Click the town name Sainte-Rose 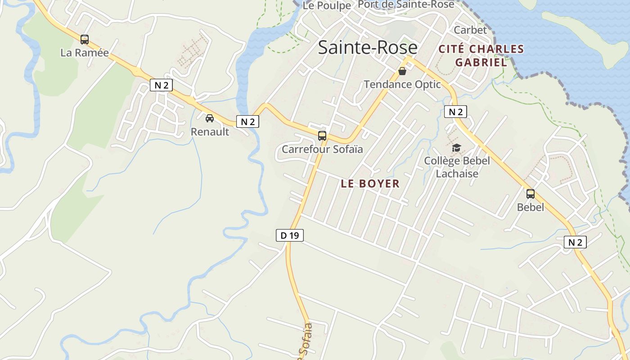(368, 47)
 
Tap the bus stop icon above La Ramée (85, 40)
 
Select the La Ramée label (85, 53)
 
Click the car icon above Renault (210, 118)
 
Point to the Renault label (210, 132)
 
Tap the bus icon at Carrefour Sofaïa (322, 135)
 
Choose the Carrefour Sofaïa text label (322, 149)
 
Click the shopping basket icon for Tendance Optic (402, 71)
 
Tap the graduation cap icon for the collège (457, 148)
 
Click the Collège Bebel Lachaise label (457, 166)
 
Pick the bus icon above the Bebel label (531, 194)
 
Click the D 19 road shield (290, 235)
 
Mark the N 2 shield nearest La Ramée (161, 85)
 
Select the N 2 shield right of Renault (247, 121)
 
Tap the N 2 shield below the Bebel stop (575, 243)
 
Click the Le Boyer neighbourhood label (370, 184)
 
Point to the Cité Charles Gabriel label (481, 55)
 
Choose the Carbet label (470, 30)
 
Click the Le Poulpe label (327, 5)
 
